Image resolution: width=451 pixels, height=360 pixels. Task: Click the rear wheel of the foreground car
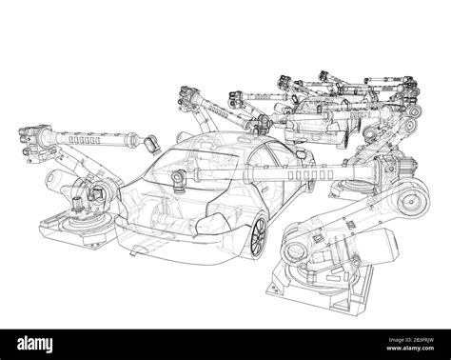click(257, 232)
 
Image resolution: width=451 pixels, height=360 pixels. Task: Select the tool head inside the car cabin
click(177, 177)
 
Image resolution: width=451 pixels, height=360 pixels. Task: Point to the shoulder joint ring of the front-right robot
click(298, 238)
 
